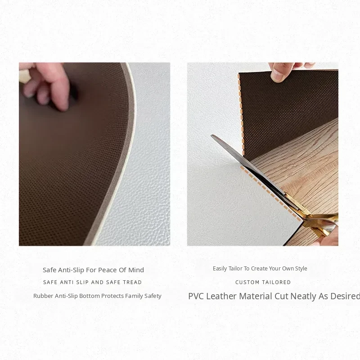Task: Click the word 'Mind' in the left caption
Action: point(136,270)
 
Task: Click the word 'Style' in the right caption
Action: point(301,269)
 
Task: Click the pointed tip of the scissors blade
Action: point(211,135)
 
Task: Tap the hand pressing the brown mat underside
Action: point(46,85)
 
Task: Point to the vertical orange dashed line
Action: point(241,114)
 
